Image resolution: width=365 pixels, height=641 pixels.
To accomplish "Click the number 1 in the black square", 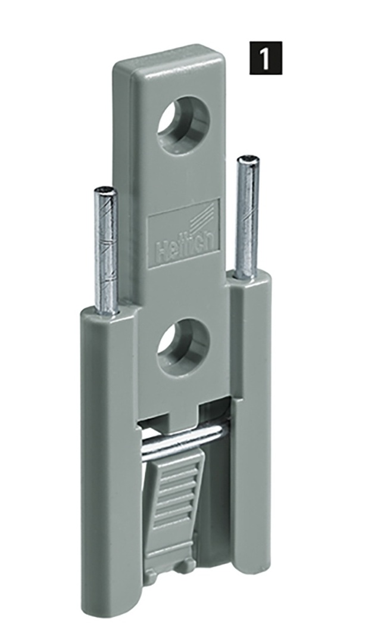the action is point(266,58).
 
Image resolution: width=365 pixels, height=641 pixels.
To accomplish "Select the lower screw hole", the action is point(183,347).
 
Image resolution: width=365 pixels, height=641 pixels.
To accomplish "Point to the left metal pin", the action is point(106,250).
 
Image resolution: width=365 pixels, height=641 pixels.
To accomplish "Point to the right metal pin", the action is point(247,217).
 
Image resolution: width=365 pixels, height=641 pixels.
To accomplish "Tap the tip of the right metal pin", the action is point(248,158).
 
